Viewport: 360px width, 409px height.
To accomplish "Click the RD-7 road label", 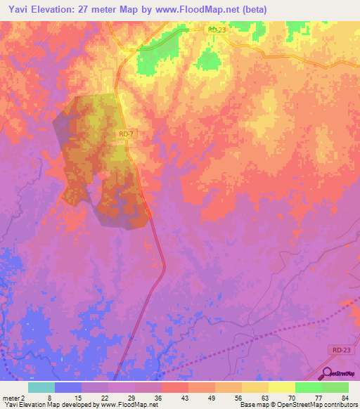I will pos(126,133).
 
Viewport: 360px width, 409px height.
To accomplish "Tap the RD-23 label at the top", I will pos(217,30).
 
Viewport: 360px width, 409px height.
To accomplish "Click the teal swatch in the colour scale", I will pos(41,387).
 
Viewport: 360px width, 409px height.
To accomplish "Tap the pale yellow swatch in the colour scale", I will pos(281,387).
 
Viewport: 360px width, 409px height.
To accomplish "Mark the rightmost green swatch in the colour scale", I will pos(335,387).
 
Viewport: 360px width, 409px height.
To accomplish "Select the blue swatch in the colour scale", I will pos(68,387).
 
